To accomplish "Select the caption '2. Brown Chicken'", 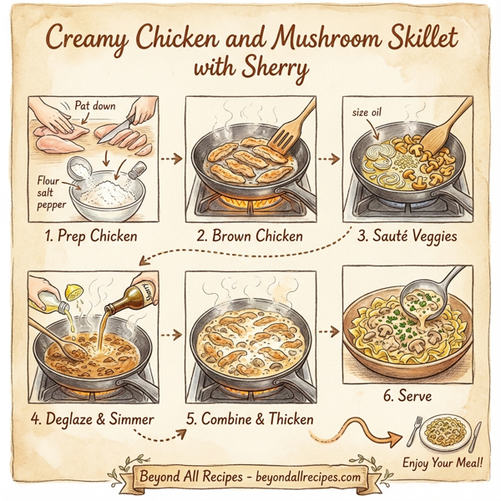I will (x=250, y=235).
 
